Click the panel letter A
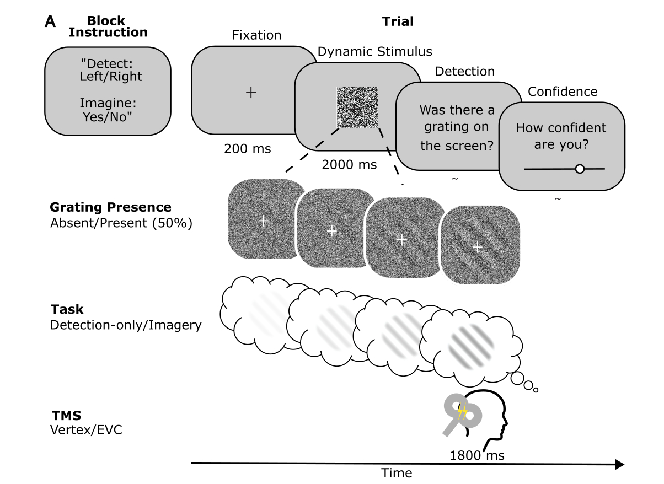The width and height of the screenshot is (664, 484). [x=50, y=21]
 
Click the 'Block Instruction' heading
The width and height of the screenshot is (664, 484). [x=108, y=27]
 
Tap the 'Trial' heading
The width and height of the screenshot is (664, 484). [x=398, y=21]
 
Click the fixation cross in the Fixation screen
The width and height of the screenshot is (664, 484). [x=251, y=93]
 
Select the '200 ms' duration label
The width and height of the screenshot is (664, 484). [x=248, y=148]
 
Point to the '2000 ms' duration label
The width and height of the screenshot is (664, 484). [x=350, y=164]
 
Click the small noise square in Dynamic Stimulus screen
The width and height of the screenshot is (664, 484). [x=357, y=107]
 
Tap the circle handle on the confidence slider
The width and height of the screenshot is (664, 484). [x=579, y=169]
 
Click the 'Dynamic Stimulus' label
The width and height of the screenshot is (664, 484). [x=375, y=52]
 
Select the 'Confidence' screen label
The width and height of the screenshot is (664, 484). [x=563, y=92]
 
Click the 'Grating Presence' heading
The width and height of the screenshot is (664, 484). [x=110, y=208]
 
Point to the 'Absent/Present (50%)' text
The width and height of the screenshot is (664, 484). [x=121, y=223]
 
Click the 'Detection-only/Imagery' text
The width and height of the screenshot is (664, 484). [x=126, y=325]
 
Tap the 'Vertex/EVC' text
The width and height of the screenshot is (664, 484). [x=86, y=428]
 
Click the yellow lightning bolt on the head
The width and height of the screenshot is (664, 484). [x=464, y=410]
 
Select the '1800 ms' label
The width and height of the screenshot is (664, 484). [x=477, y=456]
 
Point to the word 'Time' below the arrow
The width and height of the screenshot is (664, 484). [x=397, y=474]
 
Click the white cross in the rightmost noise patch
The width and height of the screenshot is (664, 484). [x=478, y=247]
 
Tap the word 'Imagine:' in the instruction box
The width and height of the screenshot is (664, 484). [x=108, y=103]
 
